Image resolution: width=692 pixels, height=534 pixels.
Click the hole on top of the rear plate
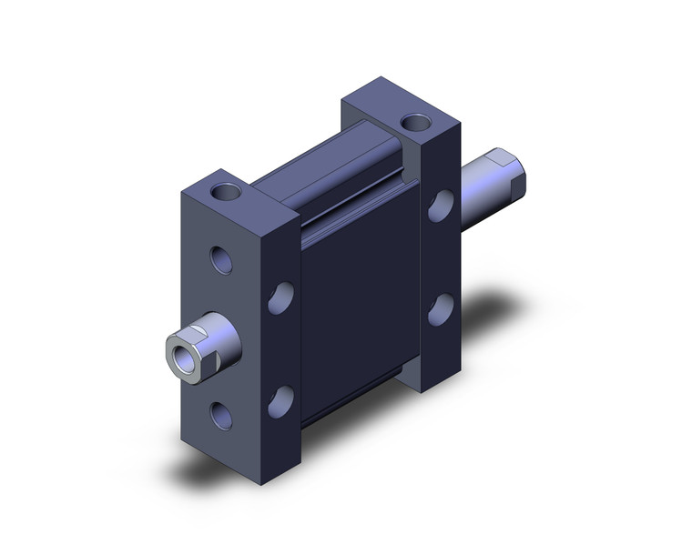[x=416, y=121]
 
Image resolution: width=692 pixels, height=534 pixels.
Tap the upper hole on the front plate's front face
[x=221, y=260]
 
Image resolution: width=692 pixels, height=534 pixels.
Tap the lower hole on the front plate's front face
[x=221, y=415]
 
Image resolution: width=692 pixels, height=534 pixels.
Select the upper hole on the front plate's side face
[x=281, y=297]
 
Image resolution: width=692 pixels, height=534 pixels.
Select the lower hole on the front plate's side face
[x=281, y=401]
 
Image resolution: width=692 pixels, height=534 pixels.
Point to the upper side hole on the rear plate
[x=441, y=206]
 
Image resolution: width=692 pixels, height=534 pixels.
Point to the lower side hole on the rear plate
[x=441, y=308]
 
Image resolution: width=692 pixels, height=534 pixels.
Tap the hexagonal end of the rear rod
[x=508, y=174]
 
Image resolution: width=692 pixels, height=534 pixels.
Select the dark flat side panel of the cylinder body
[x=360, y=300]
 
